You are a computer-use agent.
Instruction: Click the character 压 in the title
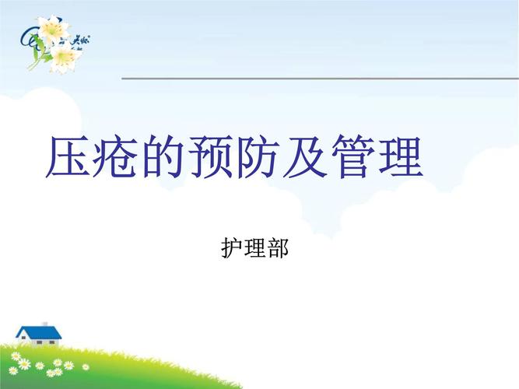70,159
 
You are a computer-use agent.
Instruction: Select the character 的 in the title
164,159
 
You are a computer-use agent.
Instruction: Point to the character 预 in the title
212,159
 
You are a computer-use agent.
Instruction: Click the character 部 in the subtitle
278,249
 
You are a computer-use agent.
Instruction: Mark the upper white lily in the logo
53,30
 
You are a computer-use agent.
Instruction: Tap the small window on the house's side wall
25,338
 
